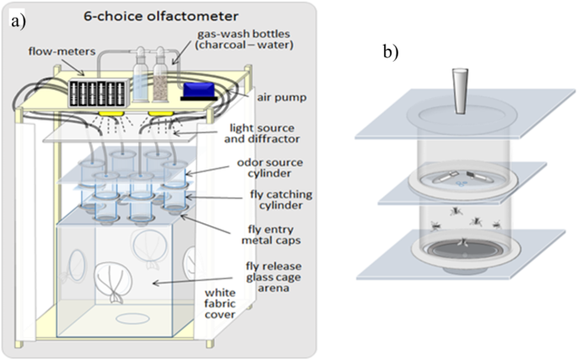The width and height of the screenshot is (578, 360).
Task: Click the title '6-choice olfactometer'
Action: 154,15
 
